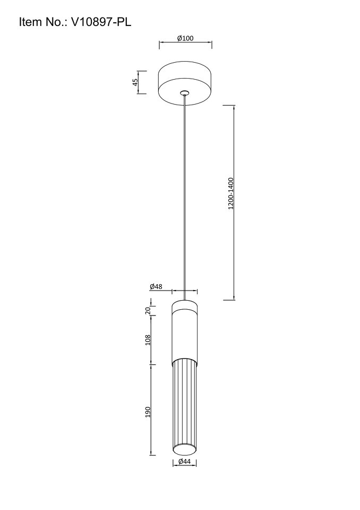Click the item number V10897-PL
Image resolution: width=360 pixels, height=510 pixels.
point(101,22)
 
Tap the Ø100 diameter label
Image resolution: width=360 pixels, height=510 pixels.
point(185,38)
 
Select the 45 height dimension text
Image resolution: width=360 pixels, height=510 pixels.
point(135,81)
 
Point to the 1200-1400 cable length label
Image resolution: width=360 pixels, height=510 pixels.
point(230,193)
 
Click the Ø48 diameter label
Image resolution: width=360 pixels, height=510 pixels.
point(156,286)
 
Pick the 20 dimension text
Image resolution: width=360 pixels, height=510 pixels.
point(148,310)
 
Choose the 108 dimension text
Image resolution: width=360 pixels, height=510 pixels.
point(148,340)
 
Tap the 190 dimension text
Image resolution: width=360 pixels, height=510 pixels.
point(148,412)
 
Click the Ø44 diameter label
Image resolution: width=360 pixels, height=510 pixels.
point(184,461)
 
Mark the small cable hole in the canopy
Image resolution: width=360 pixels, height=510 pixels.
point(185,92)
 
